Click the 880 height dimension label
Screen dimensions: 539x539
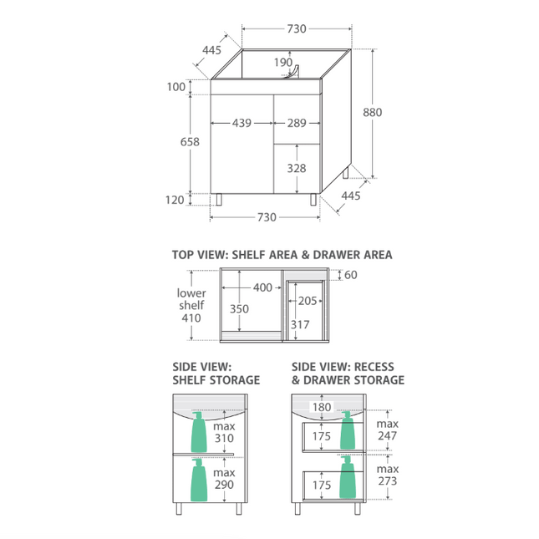coord(372,113)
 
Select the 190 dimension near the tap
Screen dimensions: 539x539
coord(283,62)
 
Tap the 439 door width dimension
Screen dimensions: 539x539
coord(242,123)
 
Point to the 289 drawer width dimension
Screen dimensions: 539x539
coord(297,123)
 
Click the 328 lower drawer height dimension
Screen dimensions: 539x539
coord(297,168)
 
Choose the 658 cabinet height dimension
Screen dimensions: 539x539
coord(190,141)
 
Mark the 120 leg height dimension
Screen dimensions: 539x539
coord(175,200)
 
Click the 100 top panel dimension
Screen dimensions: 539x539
coord(176,87)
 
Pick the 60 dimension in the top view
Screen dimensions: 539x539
coord(351,275)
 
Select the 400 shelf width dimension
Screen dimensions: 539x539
coord(262,287)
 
